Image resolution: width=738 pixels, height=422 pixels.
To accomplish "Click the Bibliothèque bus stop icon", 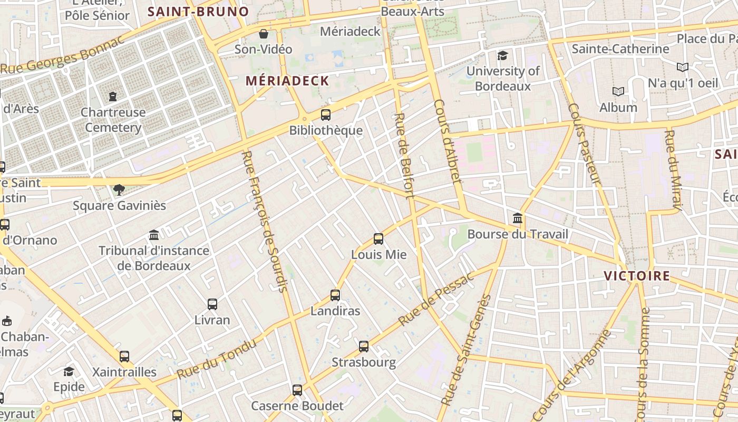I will tap(326, 114).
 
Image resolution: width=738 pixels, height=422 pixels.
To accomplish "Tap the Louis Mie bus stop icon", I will tap(378, 238).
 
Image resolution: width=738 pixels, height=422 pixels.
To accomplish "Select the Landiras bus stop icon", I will tap(335, 295).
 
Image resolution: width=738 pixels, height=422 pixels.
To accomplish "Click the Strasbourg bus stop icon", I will tap(364, 347).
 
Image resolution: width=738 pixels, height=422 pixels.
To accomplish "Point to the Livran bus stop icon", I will tap(212, 304).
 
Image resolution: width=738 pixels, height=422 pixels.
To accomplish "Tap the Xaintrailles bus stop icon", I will tap(124, 356).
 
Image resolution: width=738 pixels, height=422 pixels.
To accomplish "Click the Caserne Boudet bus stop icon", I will tap(297, 390).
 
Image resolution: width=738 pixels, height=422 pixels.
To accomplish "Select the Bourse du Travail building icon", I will tap(518, 218).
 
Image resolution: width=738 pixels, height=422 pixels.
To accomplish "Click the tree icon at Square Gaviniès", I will tap(119, 189).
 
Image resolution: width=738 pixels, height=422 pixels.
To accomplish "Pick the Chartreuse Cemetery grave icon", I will tap(112, 96).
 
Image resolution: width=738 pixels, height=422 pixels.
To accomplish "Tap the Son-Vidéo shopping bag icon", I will tap(263, 34).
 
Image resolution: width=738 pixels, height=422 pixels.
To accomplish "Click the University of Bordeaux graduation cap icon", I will tap(503, 55).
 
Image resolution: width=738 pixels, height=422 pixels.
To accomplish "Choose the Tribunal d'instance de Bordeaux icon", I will tap(154, 234).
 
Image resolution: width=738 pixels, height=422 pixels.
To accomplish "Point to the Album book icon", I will tap(618, 91).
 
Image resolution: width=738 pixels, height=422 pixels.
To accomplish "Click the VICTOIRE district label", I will tap(637, 276).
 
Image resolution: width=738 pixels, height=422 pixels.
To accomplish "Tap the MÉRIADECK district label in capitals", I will tap(287, 81).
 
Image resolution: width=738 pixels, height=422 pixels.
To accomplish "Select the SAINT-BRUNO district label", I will tap(198, 12).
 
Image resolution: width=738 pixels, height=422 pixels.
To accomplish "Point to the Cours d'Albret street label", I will tap(448, 141).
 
